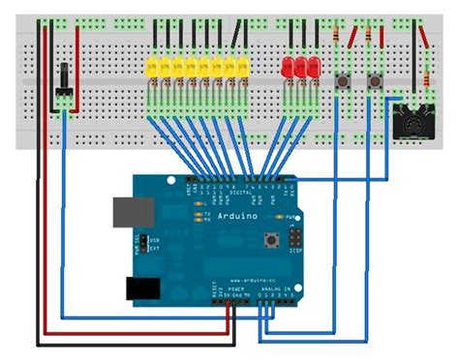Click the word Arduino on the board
click(237, 215)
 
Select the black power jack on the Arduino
click(143, 287)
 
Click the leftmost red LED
click(287, 68)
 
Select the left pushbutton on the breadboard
click(342, 81)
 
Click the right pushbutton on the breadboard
click(375, 81)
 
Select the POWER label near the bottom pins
click(236, 285)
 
